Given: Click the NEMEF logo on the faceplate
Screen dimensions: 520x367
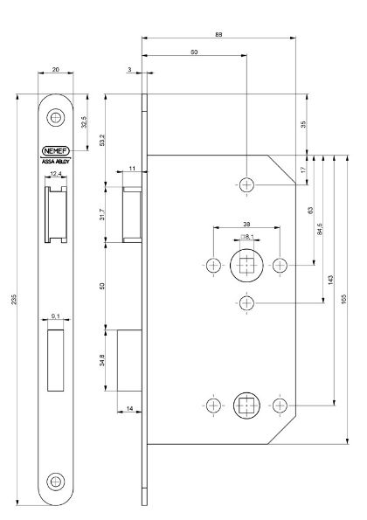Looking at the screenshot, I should (56, 149).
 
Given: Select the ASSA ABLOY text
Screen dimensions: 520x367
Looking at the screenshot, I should (56, 161).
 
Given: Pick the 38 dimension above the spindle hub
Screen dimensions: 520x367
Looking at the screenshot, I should (246, 224).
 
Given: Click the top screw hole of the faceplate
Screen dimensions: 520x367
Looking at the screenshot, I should (56, 116).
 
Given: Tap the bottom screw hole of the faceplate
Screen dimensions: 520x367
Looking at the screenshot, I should (56, 480).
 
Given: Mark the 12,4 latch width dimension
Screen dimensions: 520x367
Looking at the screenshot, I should (56, 175).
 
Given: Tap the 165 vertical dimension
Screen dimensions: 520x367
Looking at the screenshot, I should (343, 299).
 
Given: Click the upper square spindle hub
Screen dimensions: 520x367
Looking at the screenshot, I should (246, 265).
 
